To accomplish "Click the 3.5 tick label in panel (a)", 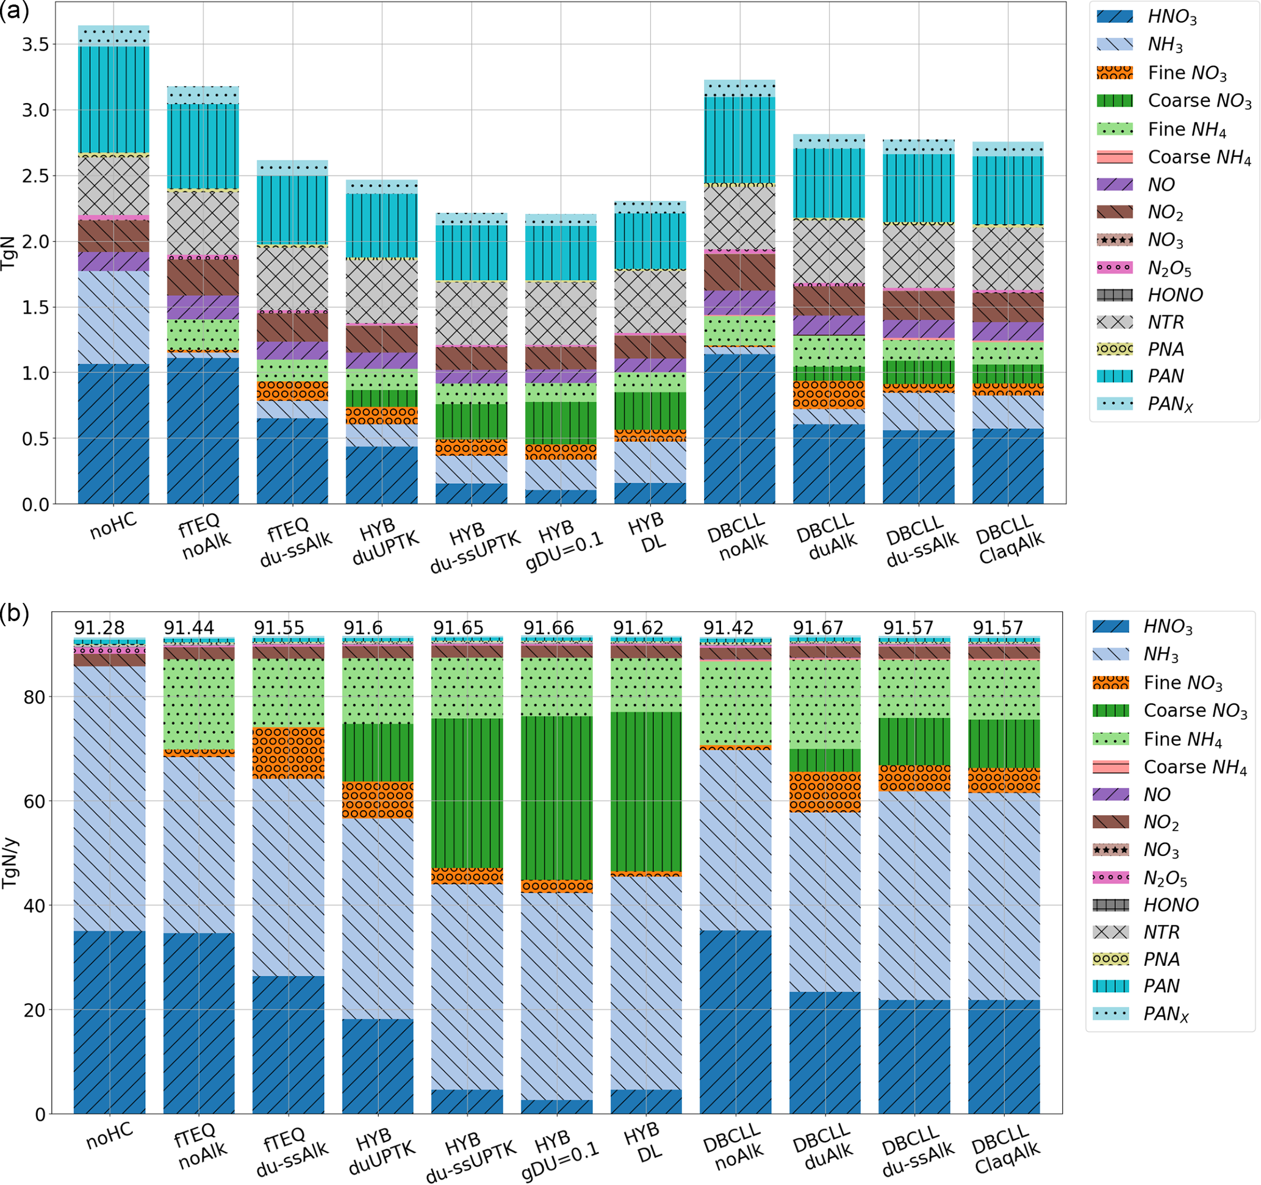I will pos(35,45).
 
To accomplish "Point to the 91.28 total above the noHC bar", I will pos(99,628).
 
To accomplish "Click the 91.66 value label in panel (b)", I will pos(548,628).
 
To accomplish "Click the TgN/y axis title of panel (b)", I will pos(10,863).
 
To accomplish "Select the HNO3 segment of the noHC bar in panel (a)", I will pos(113,434).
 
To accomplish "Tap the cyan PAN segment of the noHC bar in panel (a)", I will pos(113,99).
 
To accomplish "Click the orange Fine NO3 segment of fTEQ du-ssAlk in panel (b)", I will pos(288,753).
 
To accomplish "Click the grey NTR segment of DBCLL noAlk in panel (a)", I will pos(739,218).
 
